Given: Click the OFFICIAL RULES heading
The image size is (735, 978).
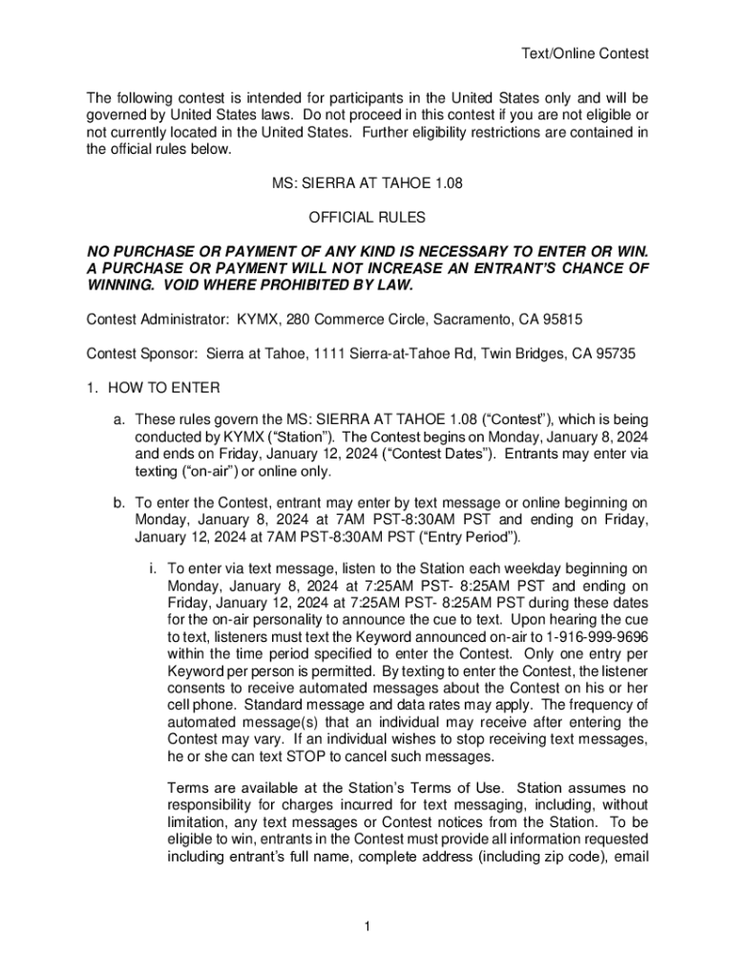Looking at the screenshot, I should pos(367,219).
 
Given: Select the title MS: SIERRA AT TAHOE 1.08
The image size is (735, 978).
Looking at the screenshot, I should pos(367,184).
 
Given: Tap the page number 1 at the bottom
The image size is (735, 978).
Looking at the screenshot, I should pos(367,927).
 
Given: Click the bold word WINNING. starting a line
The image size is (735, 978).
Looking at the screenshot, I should pos(119,285).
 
